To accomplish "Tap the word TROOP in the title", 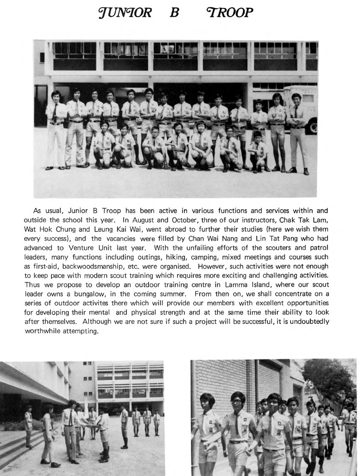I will tap(230, 13).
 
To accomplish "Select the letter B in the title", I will tap(175, 13).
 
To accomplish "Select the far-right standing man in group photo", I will tap(297, 130).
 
